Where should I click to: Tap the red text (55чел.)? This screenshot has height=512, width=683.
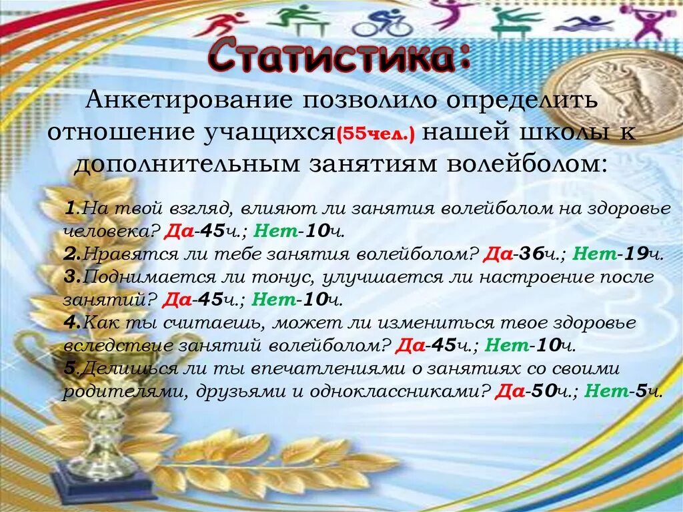tap(378, 134)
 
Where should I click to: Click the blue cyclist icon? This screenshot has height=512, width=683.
tap(381, 23)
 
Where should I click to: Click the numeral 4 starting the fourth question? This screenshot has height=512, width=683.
tap(70, 322)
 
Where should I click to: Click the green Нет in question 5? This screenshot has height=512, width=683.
tap(606, 392)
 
